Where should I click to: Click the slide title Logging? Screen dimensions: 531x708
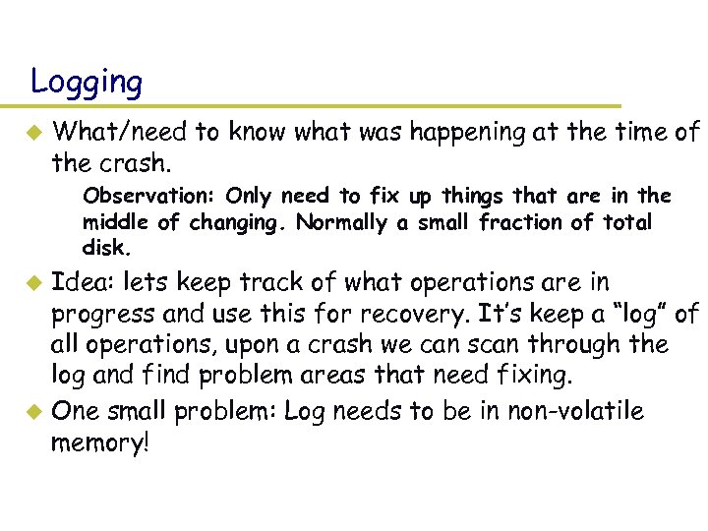(87, 82)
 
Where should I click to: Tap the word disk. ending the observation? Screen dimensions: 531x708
(105, 248)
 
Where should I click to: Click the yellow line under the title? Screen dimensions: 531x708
(324, 106)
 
